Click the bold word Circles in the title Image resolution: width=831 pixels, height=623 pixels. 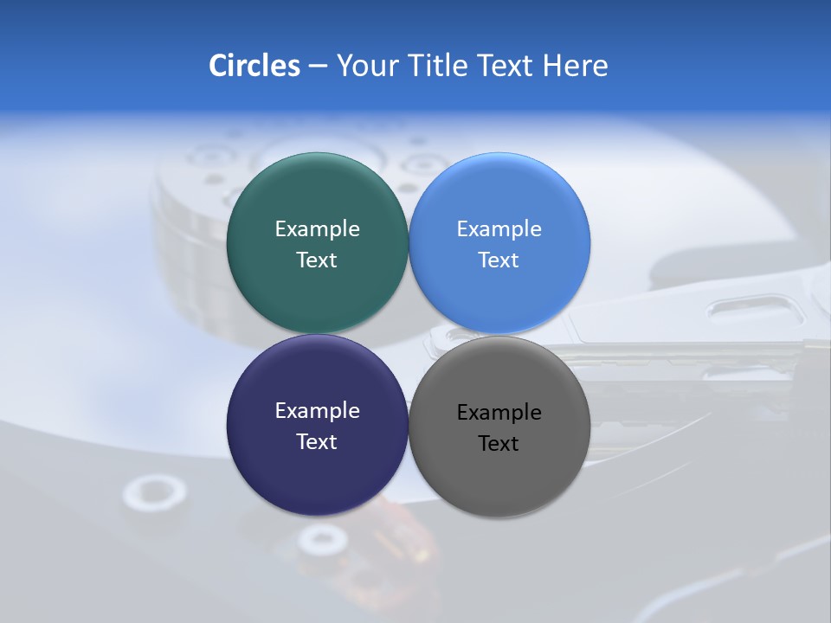coord(254,66)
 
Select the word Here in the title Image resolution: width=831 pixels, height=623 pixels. coord(576,66)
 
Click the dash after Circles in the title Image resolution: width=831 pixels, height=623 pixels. coord(318,67)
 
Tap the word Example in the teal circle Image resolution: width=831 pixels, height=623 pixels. coord(317,228)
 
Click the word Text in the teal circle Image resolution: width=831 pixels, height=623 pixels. coord(317,260)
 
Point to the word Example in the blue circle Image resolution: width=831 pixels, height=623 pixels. coord(499,228)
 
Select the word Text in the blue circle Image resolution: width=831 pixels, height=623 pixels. coord(499,260)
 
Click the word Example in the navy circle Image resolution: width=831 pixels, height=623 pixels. coord(317,410)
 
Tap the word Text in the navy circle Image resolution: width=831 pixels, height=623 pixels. coord(317,441)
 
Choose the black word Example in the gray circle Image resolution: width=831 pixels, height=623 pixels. coord(499,412)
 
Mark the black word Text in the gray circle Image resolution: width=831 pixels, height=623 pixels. coord(499,443)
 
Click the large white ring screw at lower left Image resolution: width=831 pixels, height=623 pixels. coord(154,494)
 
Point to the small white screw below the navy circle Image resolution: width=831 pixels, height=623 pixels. coord(323,542)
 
